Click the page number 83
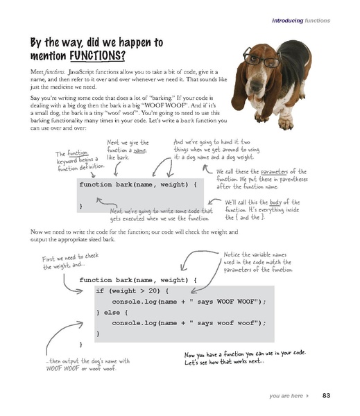coord(326,397)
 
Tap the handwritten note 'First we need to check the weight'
coord(67,261)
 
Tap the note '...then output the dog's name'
coord(82,365)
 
